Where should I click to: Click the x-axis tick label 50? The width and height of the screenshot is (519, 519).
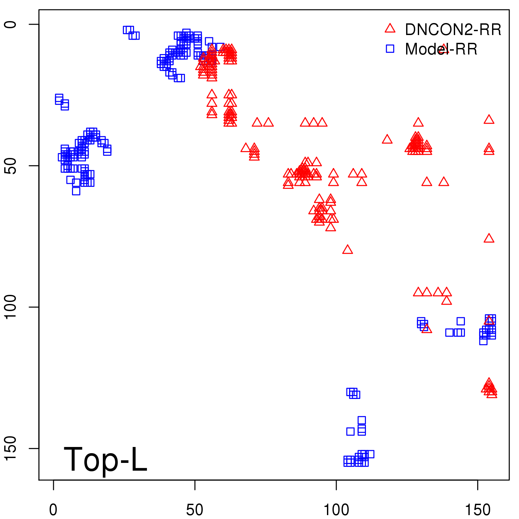(x=195, y=510)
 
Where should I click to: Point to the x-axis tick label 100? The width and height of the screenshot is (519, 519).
(x=336, y=510)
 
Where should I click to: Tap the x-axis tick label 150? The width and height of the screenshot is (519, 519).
(x=478, y=510)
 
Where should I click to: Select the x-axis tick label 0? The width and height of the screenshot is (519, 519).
(x=53, y=510)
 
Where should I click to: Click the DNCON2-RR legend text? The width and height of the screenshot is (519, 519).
(x=453, y=30)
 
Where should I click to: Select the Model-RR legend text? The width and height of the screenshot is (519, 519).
(x=441, y=49)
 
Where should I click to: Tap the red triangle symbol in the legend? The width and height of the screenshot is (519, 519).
(x=390, y=29)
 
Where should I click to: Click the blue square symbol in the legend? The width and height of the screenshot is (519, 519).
(x=390, y=49)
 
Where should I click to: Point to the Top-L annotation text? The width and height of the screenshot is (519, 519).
(x=105, y=460)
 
